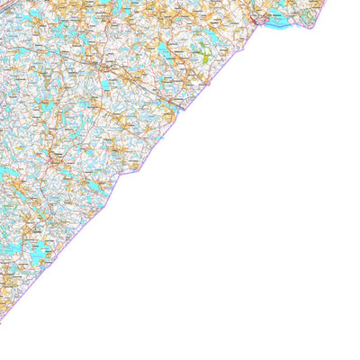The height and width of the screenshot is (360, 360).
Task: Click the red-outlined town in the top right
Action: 263,15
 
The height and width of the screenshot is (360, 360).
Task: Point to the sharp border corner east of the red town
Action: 310,27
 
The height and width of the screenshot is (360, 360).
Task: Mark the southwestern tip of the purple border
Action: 2,319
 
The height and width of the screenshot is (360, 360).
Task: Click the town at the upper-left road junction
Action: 106,67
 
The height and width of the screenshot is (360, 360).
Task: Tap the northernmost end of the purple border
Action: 326,2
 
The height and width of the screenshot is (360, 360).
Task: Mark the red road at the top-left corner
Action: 7,7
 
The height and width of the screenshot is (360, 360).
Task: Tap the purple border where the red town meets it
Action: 258,24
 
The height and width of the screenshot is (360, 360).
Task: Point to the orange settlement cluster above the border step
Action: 126,153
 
